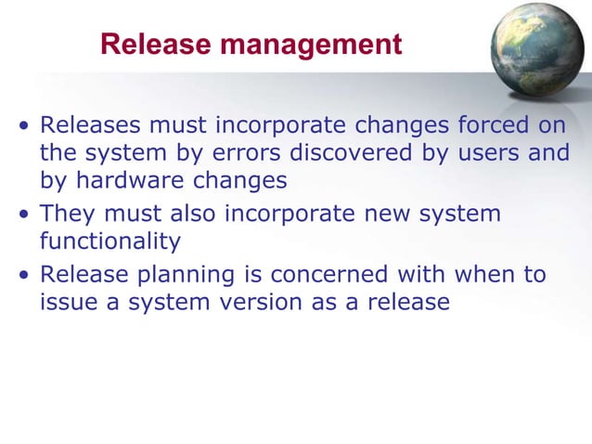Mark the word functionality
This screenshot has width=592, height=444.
(x=109, y=241)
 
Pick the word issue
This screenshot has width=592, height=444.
(x=67, y=302)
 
